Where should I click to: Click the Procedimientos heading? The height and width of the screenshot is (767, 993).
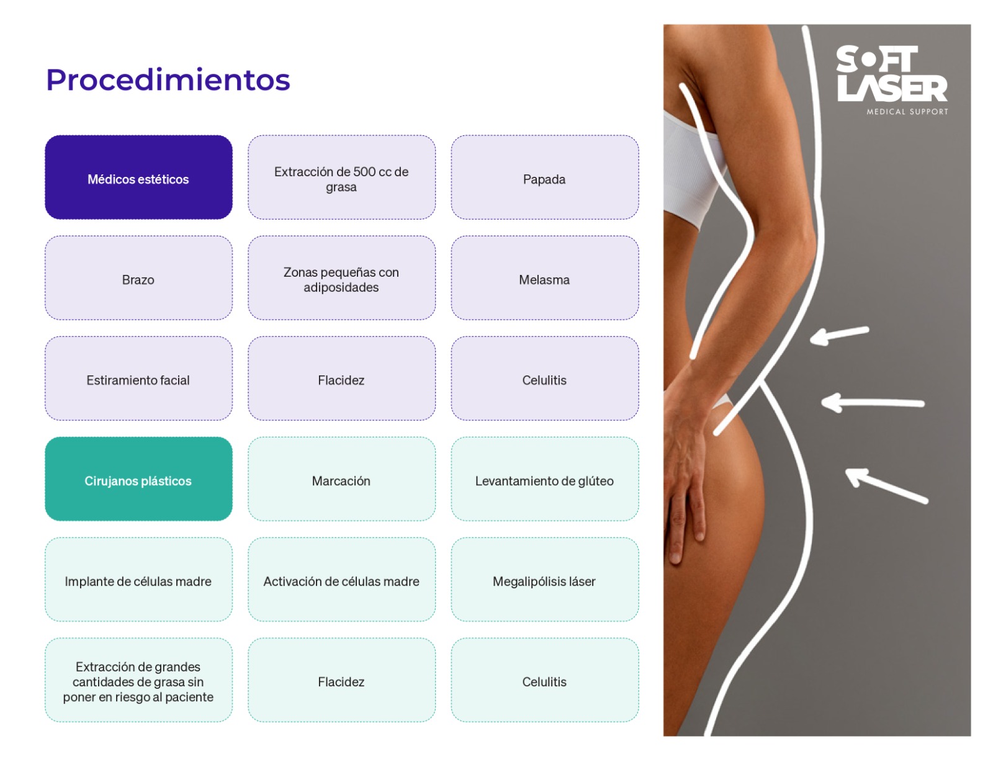[168, 80]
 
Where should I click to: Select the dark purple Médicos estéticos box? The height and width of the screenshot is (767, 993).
[138, 177]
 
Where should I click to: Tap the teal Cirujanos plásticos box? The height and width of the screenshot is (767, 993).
[138, 479]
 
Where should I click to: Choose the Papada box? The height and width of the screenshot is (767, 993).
[544, 177]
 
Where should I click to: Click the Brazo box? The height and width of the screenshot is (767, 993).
[138, 278]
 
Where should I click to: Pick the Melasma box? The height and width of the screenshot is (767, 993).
[544, 278]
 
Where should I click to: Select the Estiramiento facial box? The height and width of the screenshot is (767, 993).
[138, 379]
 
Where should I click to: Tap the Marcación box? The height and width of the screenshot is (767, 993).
[341, 479]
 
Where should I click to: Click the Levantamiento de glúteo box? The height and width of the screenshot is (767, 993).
[544, 479]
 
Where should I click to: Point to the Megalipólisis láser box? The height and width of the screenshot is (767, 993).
[544, 580]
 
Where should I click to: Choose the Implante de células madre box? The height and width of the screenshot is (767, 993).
[138, 580]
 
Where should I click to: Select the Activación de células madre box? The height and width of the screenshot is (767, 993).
[341, 580]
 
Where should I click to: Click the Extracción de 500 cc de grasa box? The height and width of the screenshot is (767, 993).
[341, 177]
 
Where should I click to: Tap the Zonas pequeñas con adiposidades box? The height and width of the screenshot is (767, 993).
[341, 278]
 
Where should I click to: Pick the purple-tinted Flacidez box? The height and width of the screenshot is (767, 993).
[341, 379]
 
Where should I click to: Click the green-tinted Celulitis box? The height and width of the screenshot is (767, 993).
[544, 680]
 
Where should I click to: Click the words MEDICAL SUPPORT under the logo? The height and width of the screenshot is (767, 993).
[907, 112]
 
